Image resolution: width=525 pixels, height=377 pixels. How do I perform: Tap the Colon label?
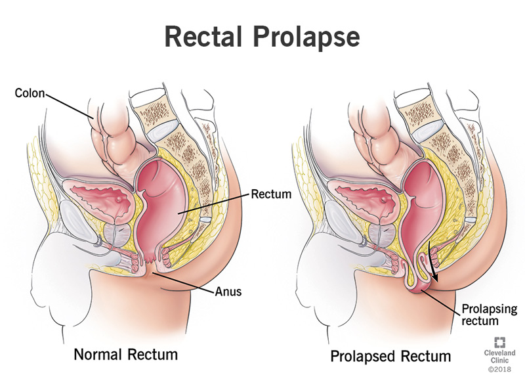(30, 92)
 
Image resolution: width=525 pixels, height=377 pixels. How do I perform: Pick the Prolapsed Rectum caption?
(390, 357)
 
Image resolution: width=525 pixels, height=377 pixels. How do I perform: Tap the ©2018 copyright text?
(501, 370)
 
